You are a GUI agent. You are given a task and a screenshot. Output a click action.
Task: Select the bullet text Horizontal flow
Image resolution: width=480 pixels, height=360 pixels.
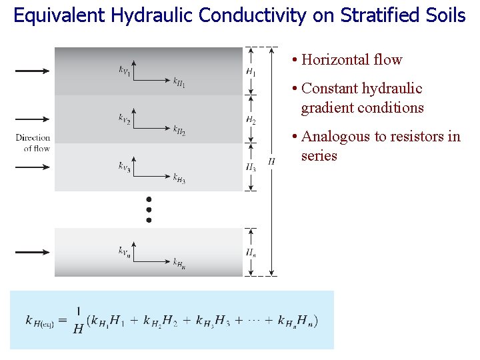tap(351, 60)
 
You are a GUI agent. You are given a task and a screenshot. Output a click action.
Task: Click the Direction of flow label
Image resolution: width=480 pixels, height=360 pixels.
tap(33, 143)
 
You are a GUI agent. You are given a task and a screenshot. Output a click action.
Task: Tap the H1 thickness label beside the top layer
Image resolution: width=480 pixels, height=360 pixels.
tap(251, 71)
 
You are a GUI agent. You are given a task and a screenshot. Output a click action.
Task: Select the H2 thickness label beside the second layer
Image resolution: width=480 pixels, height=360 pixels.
tap(251, 120)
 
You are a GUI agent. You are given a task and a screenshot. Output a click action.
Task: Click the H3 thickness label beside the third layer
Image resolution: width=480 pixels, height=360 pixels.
tap(251, 168)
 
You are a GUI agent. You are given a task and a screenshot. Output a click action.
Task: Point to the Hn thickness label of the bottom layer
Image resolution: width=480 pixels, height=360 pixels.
tap(251, 252)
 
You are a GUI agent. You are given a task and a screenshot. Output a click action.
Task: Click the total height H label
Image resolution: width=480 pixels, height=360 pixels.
tap(271, 161)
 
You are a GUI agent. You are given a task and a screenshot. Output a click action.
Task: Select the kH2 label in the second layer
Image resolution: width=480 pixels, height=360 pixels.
tap(179, 130)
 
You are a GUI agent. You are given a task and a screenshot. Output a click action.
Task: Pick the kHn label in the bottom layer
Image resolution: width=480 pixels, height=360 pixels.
tap(179, 264)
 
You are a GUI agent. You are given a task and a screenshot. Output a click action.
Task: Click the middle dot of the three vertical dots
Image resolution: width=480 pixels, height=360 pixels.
tap(149, 209)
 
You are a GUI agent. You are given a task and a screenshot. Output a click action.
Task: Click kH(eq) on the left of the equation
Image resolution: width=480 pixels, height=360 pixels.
tap(39, 321)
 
